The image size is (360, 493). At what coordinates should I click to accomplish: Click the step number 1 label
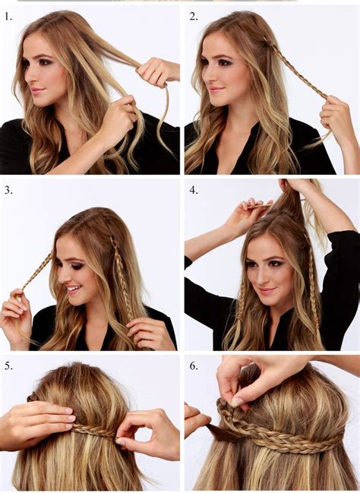point(8,17)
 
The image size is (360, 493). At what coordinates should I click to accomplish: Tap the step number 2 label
point(194,17)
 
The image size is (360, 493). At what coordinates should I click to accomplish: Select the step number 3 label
point(8,190)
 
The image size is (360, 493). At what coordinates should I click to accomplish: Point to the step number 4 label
point(194,190)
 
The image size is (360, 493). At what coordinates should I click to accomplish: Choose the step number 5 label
point(8,365)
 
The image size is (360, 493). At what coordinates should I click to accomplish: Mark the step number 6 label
point(194,365)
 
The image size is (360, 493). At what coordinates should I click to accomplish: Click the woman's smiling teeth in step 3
point(72,288)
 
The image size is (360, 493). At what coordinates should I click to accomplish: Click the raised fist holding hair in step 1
point(153,71)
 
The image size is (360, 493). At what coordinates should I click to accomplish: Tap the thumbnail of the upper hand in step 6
point(237,402)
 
